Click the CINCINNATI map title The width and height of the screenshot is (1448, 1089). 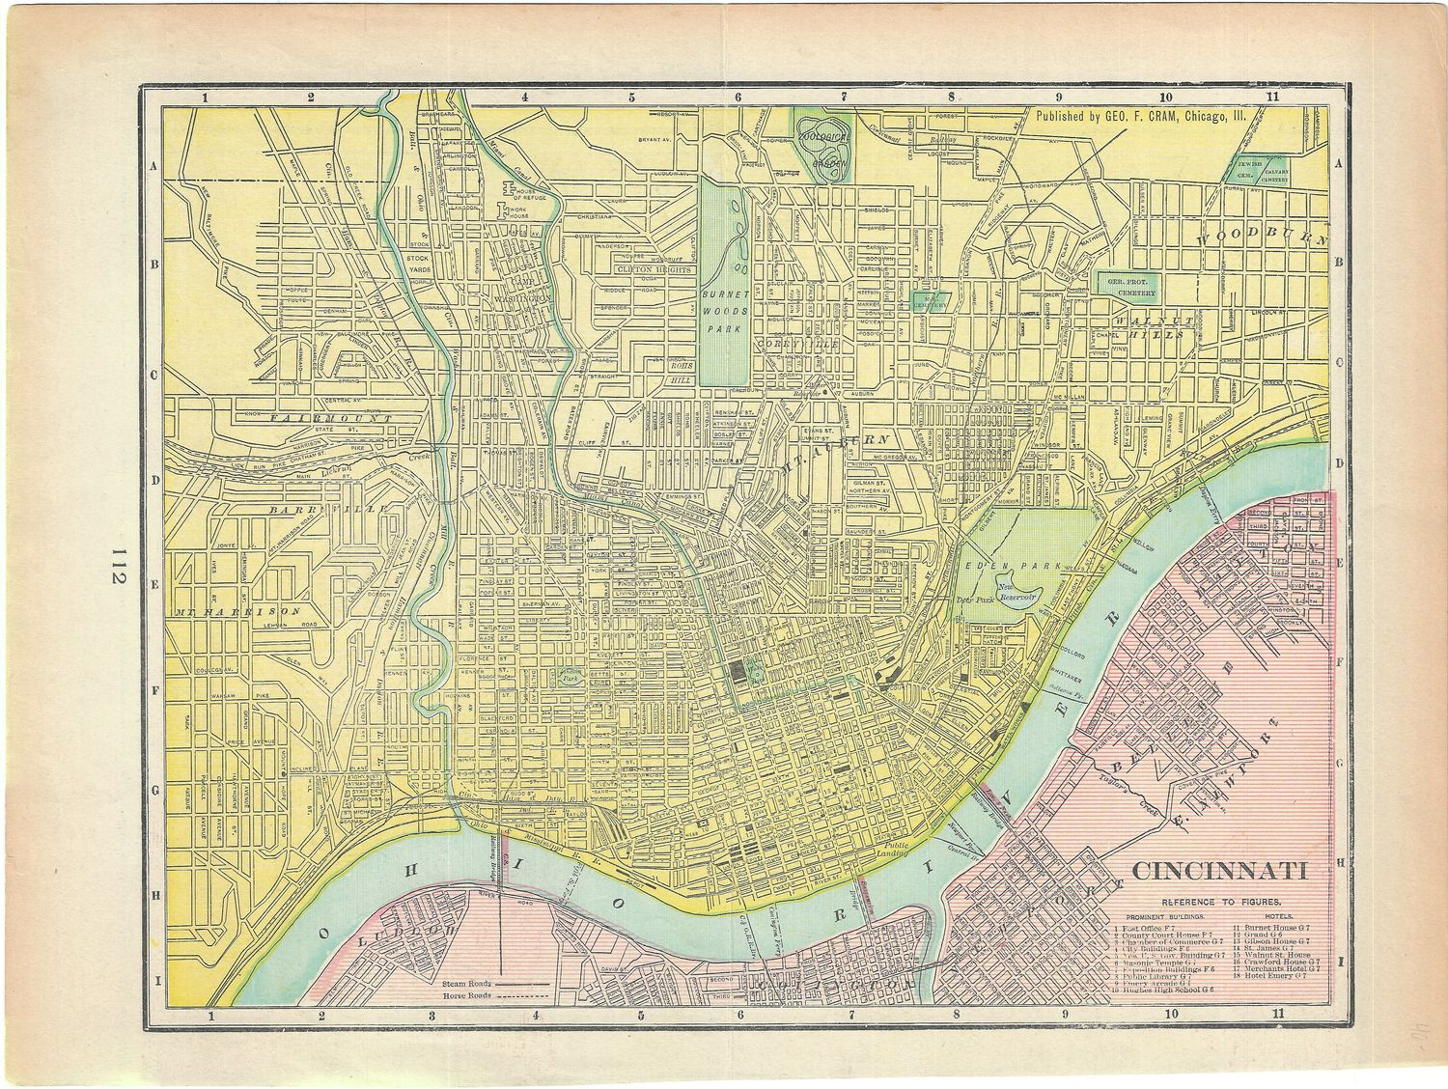1219,871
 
